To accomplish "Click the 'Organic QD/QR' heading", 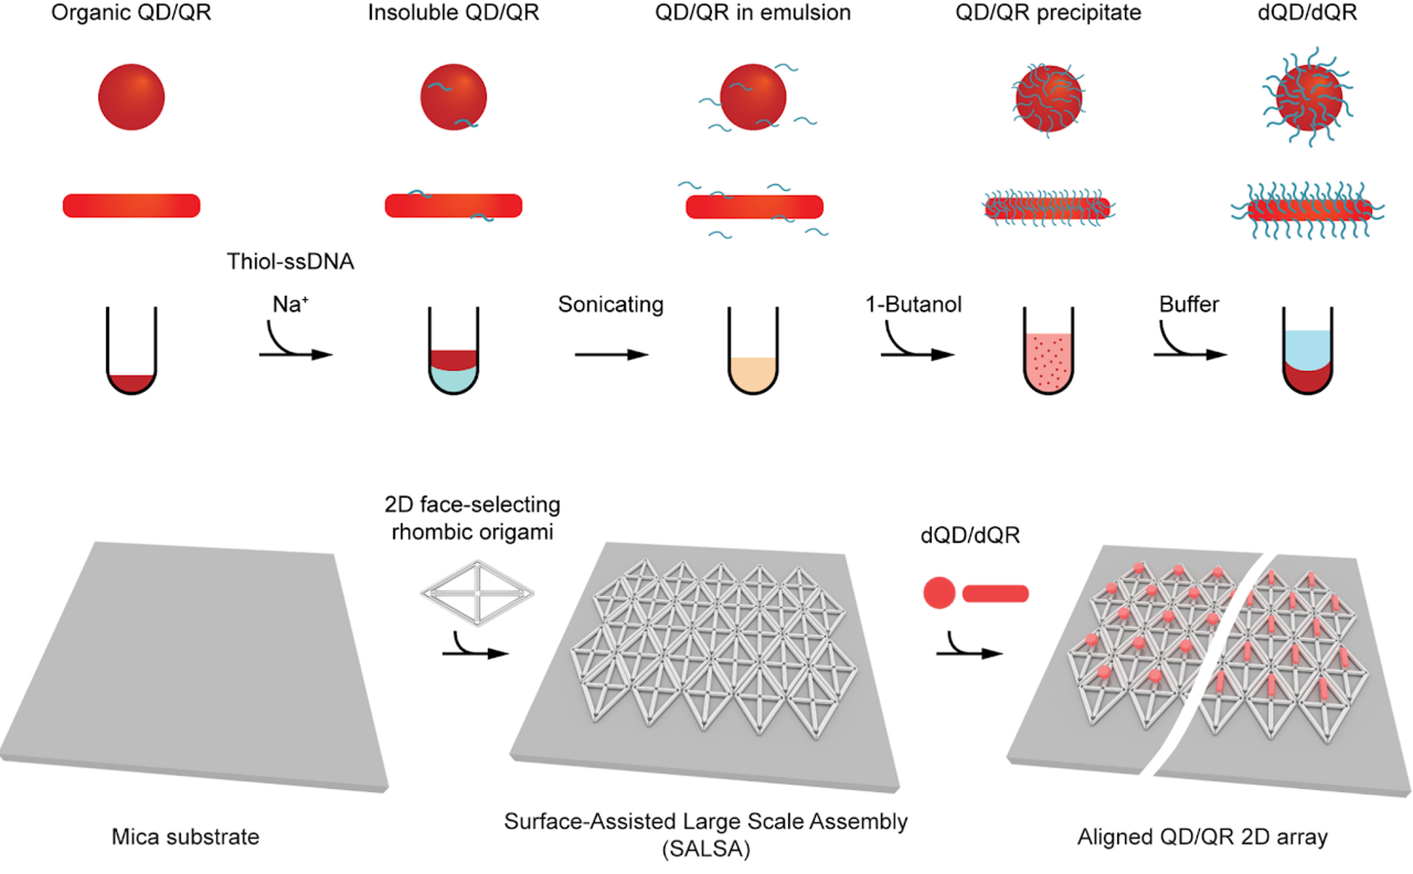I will coord(131,13).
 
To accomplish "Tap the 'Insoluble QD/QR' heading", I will coord(453,13).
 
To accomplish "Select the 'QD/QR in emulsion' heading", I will coord(753,13).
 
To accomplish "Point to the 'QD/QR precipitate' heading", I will coord(1048,13).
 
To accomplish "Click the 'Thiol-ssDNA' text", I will coord(290,262).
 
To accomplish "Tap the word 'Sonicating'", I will coord(610,305).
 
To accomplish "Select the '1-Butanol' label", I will coord(914,305).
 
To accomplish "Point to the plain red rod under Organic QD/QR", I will coord(131,206).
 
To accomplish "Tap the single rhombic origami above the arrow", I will coord(477,593).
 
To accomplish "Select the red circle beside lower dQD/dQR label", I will coord(939,593).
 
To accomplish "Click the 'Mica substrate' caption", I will coord(185,837).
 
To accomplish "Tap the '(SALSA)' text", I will coord(706,849).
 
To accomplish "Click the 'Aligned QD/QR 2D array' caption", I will coord(1202,837).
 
